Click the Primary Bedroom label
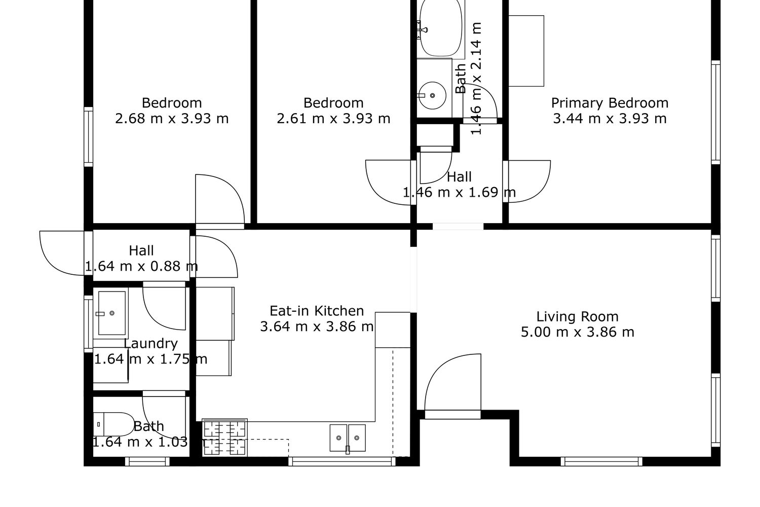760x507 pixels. [610, 103]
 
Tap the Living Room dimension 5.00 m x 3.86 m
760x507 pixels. [578, 332]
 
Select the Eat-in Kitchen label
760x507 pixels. [317, 311]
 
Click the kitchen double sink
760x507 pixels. [348, 438]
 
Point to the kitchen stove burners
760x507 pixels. [224, 438]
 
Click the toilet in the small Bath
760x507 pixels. [113, 424]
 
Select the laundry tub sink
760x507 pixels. [111, 313]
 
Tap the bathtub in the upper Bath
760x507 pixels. [441, 28]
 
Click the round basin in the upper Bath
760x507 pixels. [432, 95]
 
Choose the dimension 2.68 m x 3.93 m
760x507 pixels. [172, 119]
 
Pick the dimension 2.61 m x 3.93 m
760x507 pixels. [333, 119]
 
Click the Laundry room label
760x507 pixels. [150, 343]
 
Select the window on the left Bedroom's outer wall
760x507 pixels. [88, 137]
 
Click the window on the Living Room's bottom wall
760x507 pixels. [601, 461]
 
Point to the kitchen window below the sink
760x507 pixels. [342, 461]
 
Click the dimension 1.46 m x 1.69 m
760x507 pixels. [459, 192]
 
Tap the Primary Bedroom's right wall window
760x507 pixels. [715, 113]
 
